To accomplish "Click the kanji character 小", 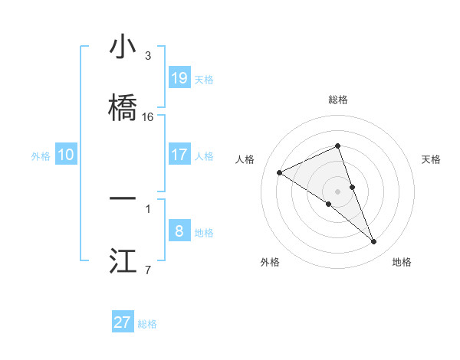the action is click(123, 47).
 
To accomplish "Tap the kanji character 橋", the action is click(123, 108).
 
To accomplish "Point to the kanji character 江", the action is click(123, 260).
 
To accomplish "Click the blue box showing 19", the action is click(179, 78).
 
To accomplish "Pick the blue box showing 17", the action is click(179, 155).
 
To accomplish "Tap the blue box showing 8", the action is click(179, 231).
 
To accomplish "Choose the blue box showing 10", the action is click(66, 155).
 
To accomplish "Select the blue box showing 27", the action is click(123, 322).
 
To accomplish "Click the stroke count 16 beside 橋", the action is click(148, 117).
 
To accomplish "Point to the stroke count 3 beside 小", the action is click(148, 56).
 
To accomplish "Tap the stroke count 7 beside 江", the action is click(148, 269).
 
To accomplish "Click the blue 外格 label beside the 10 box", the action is click(41, 156).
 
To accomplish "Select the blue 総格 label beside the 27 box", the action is click(147, 324).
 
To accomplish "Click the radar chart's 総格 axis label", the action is click(338, 100).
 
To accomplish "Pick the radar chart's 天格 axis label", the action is click(432, 159).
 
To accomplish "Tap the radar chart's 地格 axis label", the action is click(402, 262).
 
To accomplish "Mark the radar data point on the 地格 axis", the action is click(374, 242).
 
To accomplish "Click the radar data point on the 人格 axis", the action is click(280, 172).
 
